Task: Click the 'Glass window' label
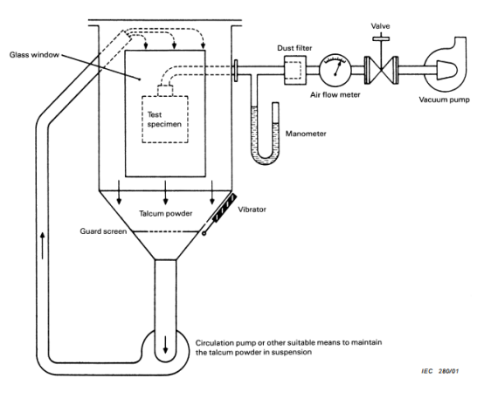(34, 55)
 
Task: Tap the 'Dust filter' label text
(294, 48)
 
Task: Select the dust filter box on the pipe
(295, 71)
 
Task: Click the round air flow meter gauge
(335, 70)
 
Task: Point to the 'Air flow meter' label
(335, 95)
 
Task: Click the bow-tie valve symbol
(381, 71)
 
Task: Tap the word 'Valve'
(380, 26)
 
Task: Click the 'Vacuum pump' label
(444, 100)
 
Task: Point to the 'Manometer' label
(306, 134)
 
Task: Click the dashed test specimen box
(165, 120)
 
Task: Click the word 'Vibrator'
(252, 210)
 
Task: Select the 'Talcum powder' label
(165, 214)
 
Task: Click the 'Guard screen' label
(103, 231)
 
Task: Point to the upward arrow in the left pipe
(43, 246)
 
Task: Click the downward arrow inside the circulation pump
(166, 344)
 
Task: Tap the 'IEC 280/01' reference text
(440, 371)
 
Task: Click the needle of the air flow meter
(338, 68)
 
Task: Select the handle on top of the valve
(381, 39)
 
